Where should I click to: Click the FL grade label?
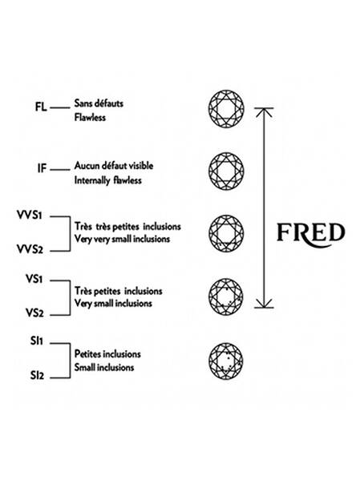pyautogui.click(x=41, y=107)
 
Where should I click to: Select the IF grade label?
pyautogui.click(x=42, y=168)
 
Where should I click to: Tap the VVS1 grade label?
pyautogui.click(x=30, y=216)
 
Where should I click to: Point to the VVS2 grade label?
pyautogui.click(x=30, y=249)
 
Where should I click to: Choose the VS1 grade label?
pyautogui.click(x=34, y=279)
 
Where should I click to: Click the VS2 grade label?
pyautogui.click(x=34, y=313)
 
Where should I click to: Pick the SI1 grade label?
pyautogui.click(x=37, y=341)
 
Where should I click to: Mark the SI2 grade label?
pyautogui.click(x=37, y=375)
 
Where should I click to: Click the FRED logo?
pyautogui.click(x=310, y=235)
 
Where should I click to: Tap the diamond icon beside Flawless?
pyautogui.click(x=226, y=109)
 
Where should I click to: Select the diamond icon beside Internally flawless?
pyautogui.click(x=226, y=171)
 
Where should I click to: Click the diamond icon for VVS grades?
pyautogui.click(x=226, y=233)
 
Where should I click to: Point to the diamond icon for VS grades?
pyautogui.click(x=226, y=296)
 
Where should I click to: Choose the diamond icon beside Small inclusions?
pyautogui.click(x=226, y=361)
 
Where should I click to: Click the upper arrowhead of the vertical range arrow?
pyautogui.click(x=264, y=112)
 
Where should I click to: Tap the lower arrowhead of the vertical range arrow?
pyautogui.click(x=264, y=303)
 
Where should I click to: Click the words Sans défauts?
pyautogui.click(x=99, y=103)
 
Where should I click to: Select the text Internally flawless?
pyautogui.click(x=108, y=180)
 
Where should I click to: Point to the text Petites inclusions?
pyautogui.click(x=107, y=354)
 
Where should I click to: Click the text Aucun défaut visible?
pyautogui.click(x=114, y=166)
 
